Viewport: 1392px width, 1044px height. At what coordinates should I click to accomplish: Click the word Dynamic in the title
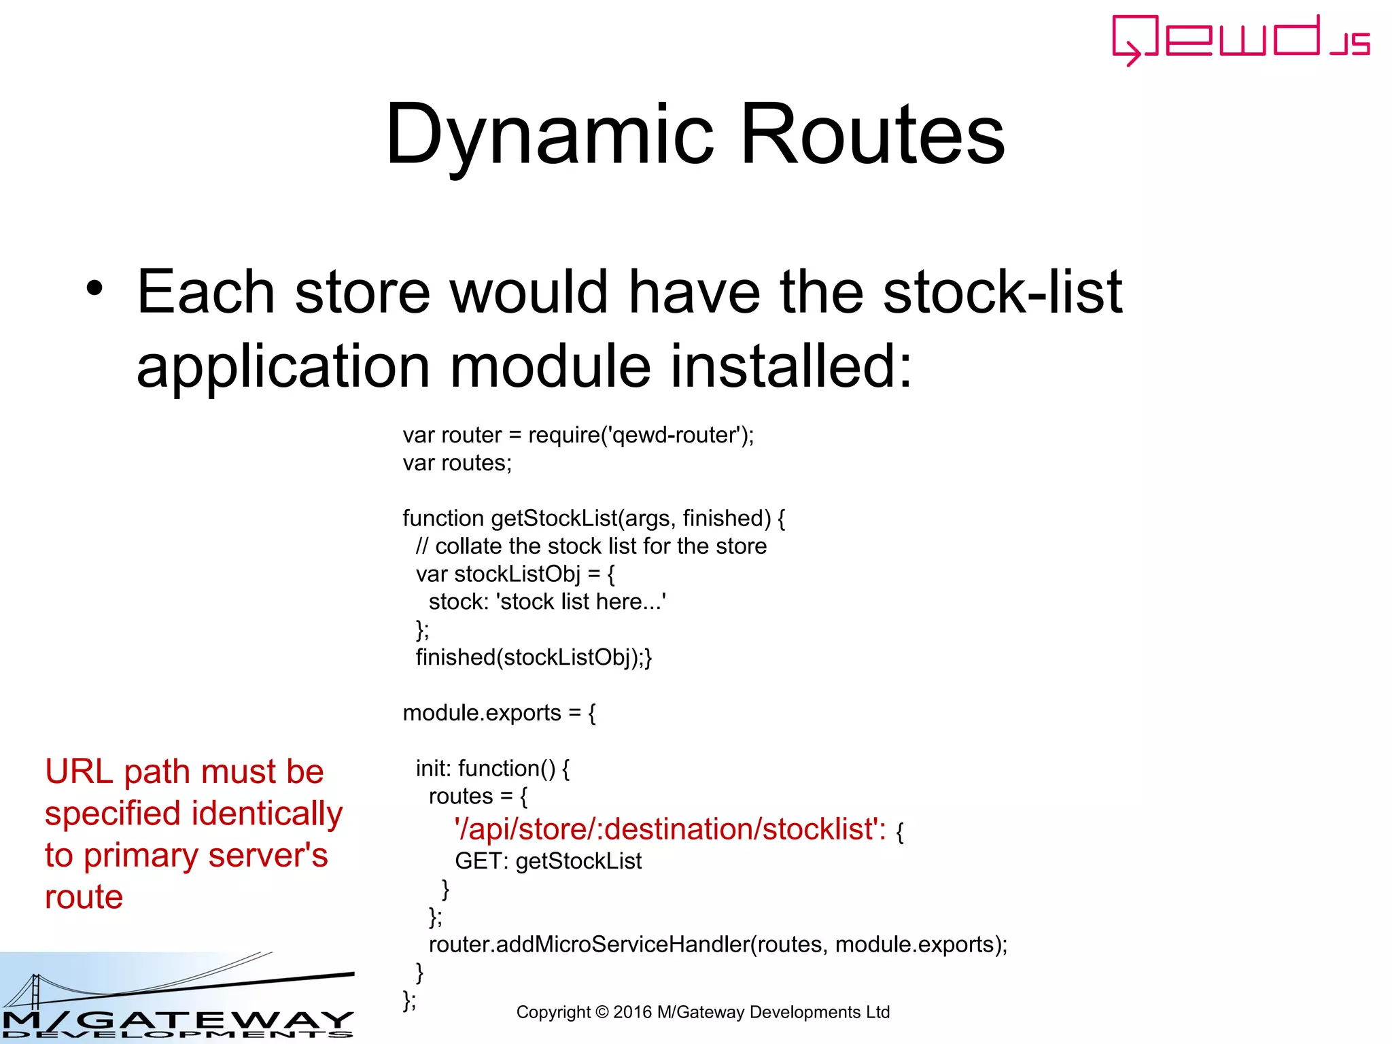click(549, 135)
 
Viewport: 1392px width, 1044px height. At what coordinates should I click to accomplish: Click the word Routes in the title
click(872, 135)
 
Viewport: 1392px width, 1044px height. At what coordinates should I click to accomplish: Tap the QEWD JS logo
click(1240, 39)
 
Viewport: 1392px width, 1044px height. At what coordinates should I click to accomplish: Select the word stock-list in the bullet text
click(1003, 292)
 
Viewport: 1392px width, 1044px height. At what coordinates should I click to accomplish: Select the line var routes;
click(457, 463)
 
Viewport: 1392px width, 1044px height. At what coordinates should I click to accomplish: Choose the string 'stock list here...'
click(581, 602)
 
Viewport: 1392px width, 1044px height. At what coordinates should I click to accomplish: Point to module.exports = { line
click(499, 713)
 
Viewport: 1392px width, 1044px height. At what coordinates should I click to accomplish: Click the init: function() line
click(492, 769)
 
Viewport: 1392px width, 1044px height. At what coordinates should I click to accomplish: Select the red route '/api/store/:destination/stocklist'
click(669, 830)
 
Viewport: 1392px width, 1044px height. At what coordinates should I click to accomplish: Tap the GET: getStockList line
click(548, 861)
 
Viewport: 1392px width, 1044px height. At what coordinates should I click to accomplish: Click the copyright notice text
click(703, 1012)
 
